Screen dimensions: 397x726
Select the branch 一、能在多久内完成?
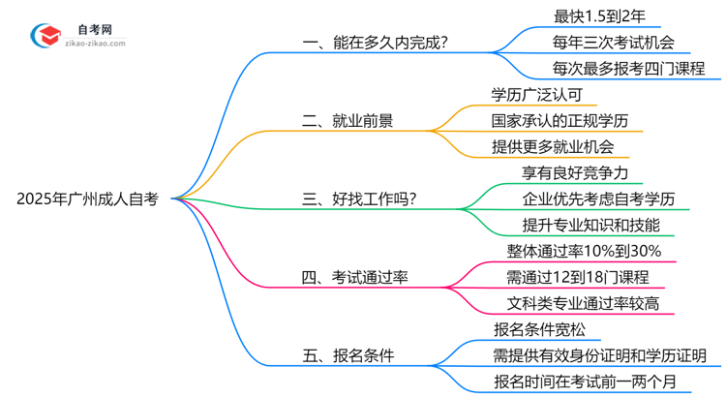[382, 42]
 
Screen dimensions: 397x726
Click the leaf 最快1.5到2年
[592, 15]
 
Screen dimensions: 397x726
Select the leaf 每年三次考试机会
[614, 42]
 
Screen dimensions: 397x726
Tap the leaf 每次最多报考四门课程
[628, 68]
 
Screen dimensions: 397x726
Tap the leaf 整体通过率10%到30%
[585, 252]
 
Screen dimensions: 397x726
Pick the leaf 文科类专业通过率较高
[585, 304]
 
